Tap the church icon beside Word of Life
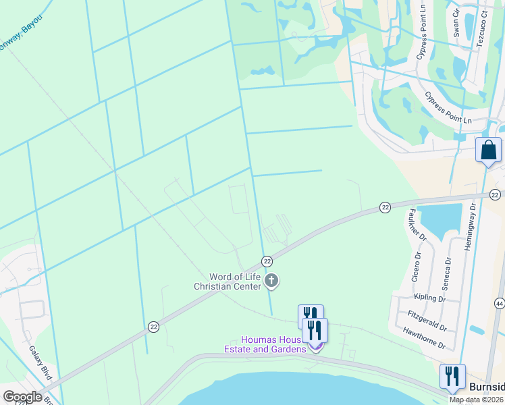[271, 280]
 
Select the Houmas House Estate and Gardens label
[265, 344]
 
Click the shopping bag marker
[488, 150]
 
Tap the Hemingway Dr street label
[470, 227]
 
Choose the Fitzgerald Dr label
[427, 321]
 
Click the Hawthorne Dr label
[423, 337]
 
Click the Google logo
[22, 396]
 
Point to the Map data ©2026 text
[476, 400]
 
